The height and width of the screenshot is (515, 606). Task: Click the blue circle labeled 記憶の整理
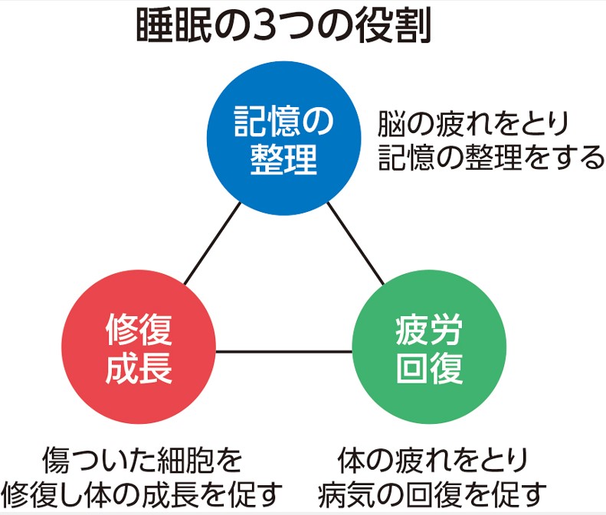pos(284,138)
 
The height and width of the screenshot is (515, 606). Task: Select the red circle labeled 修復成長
pos(139,347)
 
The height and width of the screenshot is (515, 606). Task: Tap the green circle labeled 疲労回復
pos(429,347)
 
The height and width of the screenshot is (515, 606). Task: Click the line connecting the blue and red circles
pos(212,243)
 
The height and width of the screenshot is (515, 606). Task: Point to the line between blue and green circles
pos(356,243)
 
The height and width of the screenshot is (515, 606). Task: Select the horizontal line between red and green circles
pos(284,351)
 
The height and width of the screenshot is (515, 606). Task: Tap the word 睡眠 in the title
pos(174,26)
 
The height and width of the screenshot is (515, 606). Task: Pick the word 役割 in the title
pos(393,26)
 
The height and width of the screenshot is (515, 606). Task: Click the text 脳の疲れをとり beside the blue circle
pos(473,123)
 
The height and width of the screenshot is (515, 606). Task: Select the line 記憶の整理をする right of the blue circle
pos(490,157)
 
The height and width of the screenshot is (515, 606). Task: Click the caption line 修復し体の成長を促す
pos(142,494)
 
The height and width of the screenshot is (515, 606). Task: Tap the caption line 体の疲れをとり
pos(432,460)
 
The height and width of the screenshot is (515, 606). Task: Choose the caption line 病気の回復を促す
pos(432,494)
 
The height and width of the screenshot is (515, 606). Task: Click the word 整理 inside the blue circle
pos(284,159)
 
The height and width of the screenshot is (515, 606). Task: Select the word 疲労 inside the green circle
pos(429,330)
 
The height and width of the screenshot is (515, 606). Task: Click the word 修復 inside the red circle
pos(139,330)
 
